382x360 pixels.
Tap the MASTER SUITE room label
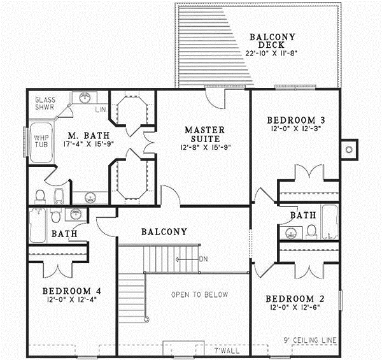tap(202, 134)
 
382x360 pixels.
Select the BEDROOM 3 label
tap(297, 120)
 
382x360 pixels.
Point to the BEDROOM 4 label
tap(72, 292)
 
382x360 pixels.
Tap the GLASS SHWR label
tap(45, 104)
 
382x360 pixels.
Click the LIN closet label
tap(100, 111)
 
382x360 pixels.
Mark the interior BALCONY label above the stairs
tap(164, 232)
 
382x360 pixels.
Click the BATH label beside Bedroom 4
tap(64, 234)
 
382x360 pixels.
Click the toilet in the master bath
tap(39, 194)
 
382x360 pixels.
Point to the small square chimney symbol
tap(348, 149)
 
